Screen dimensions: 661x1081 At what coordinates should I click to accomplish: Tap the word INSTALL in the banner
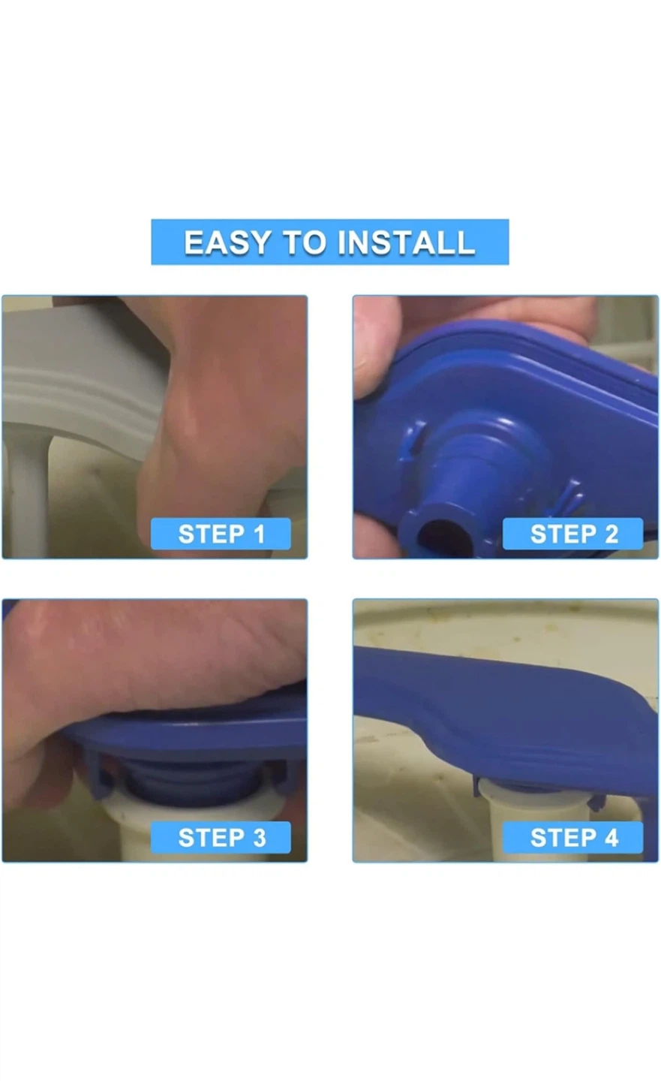pos(406,242)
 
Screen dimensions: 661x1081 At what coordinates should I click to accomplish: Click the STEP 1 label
pos(221,534)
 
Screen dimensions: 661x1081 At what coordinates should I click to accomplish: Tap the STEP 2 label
pos(573,534)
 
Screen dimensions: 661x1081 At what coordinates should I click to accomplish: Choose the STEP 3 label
pos(221,837)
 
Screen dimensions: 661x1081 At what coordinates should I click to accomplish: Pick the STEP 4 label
pos(573,837)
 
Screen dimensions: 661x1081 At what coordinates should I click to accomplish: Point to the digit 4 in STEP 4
pos(611,838)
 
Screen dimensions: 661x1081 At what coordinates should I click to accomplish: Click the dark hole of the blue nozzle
pos(440,538)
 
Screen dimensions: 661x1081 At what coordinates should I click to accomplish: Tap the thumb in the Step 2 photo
pos(377,348)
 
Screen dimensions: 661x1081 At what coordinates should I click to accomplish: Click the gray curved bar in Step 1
pos(82,381)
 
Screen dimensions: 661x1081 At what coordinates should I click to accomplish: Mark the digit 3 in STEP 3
pos(259,838)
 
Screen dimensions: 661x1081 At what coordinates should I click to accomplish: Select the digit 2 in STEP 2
pos(611,534)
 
